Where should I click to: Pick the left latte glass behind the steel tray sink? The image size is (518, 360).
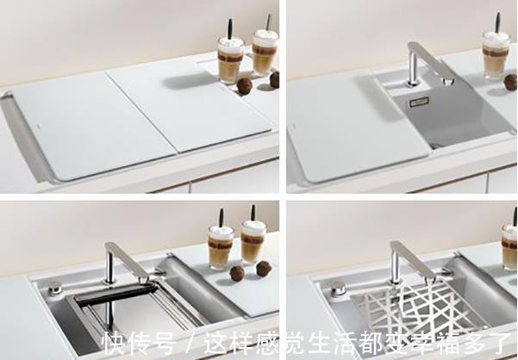click(219, 246)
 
